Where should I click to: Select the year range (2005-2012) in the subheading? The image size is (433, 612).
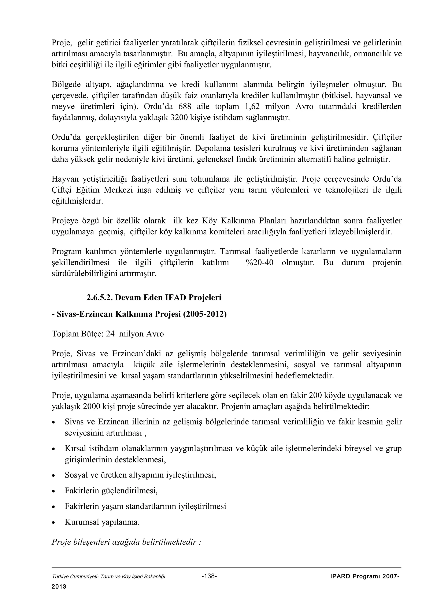tap(205, 314)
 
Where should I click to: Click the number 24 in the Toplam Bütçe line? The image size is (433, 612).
tap(110, 334)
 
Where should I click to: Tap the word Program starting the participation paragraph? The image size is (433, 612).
tap(67, 251)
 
